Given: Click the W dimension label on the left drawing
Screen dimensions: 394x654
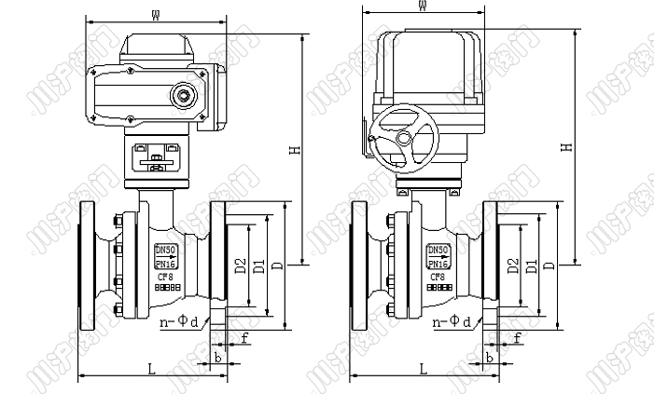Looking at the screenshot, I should [x=155, y=12].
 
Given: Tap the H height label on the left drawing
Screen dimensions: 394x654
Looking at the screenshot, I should [x=294, y=150].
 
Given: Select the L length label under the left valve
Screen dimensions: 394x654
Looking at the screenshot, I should [x=151, y=369].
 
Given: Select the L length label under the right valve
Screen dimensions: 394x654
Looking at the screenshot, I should [x=422, y=369].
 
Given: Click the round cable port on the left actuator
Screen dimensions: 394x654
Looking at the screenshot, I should [x=184, y=94].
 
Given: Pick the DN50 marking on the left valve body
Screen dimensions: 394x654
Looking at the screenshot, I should [x=164, y=250].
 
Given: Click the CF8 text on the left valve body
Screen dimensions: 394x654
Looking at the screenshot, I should [x=164, y=276].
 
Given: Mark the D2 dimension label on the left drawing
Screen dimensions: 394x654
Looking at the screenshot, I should [x=240, y=266].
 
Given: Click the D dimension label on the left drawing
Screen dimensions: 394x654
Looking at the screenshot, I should [x=277, y=266].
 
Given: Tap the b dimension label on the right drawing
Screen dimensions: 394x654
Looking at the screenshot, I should [x=489, y=358].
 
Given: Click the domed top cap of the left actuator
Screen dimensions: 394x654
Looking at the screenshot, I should [x=159, y=41].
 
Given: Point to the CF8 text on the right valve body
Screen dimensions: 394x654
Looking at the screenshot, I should [x=437, y=276].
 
